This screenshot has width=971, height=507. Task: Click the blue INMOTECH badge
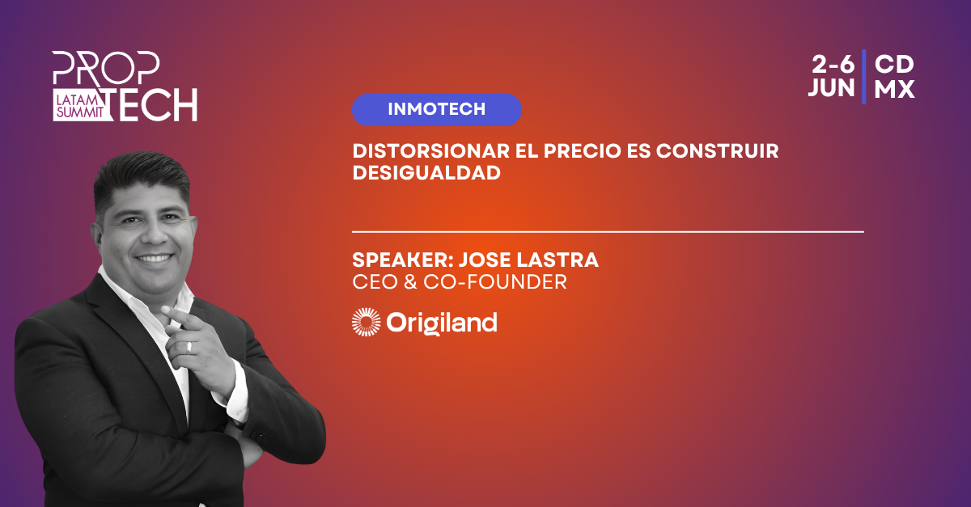click(x=436, y=110)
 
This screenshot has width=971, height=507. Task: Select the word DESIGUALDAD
click(x=426, y=173)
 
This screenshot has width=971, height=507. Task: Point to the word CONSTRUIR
click(x=718, y=151)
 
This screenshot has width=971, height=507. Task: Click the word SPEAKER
click(x=403, y=260)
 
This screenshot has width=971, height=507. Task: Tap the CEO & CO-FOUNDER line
click(x=460, y=282)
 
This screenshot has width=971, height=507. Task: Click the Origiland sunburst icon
click(x=367, y=323)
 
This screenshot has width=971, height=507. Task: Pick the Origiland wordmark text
click(x=442, y=323)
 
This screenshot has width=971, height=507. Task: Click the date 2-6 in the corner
click(x=833, y=65)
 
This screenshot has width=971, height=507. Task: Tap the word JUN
click(x=832, y=88)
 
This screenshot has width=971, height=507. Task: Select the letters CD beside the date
click(x=894, y=65)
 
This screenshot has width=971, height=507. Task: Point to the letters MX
click(x=894, y=89)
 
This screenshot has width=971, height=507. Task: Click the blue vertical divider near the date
click(x=864, y=77)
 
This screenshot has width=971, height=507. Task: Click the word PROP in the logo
click(x=106, y=68)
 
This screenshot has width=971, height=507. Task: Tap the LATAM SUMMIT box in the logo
click(x=82, y=105)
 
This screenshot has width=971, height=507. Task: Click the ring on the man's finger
click(x=189, y=347)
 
